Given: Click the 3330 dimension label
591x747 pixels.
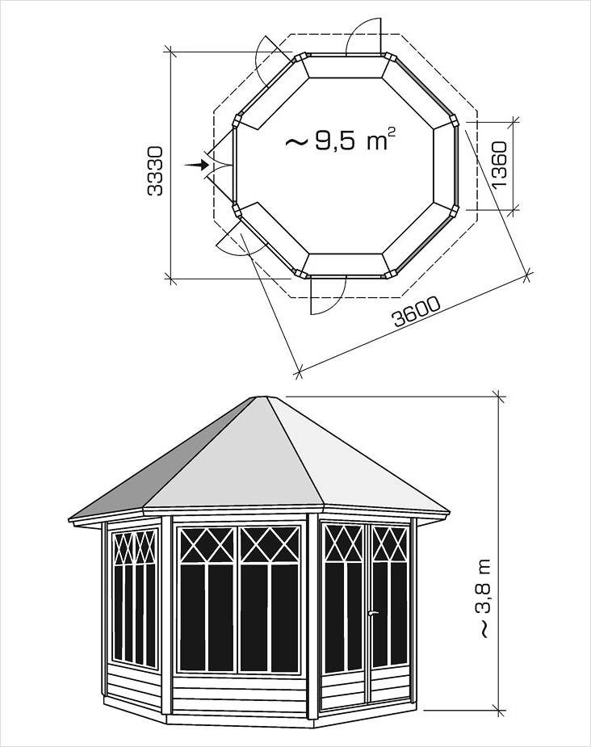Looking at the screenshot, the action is [155, 171].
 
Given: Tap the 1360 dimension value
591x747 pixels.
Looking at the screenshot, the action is [500, 165].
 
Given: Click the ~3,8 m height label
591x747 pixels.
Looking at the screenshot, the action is [483, 598].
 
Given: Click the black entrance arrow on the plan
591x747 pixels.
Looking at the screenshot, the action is [197, 165].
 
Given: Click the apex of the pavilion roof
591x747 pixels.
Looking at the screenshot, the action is [259, 397].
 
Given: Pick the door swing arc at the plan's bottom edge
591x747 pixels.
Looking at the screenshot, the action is [329, 296].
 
